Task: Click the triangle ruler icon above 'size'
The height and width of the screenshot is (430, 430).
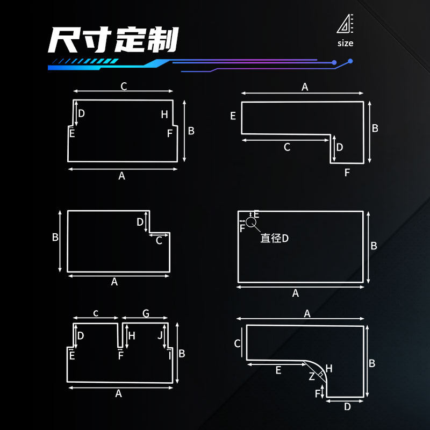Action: tap(345, 24)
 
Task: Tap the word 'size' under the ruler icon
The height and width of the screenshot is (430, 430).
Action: tap(345, 44)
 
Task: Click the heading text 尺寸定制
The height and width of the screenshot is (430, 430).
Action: tap(113, 40)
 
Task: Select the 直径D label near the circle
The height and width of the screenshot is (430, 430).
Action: tap(274, 238)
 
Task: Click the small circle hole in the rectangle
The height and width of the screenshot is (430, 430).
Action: tap(251, 222)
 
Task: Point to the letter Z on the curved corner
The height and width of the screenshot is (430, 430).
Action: tap(312, 376)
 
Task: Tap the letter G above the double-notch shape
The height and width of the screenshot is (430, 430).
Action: tap(146, 313)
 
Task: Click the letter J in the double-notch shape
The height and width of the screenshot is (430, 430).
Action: tap(160, 335)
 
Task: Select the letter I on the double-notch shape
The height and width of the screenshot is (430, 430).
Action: tap(170, 356)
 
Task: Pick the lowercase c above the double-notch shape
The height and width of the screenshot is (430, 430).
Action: tap(96, 313)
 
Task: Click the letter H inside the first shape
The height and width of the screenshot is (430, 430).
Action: tap(164, 114)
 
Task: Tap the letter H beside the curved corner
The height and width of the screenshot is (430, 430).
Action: tap(329, 369)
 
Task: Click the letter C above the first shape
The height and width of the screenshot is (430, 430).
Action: tap(124, 87)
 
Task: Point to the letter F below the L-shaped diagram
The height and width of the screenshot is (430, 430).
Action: tap(347, 173)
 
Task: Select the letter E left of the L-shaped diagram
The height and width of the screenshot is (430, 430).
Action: tap(233, 116)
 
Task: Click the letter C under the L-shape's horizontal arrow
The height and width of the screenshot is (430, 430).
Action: tap(287, 147)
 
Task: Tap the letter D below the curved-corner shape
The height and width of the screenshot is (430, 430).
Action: tap(347, 407)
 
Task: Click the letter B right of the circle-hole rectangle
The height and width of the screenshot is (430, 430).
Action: tap(374, 246)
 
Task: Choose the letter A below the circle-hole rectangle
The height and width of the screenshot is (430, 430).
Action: tap(295, 293)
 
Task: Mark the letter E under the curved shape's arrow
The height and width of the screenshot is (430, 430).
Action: tap(278, 370)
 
